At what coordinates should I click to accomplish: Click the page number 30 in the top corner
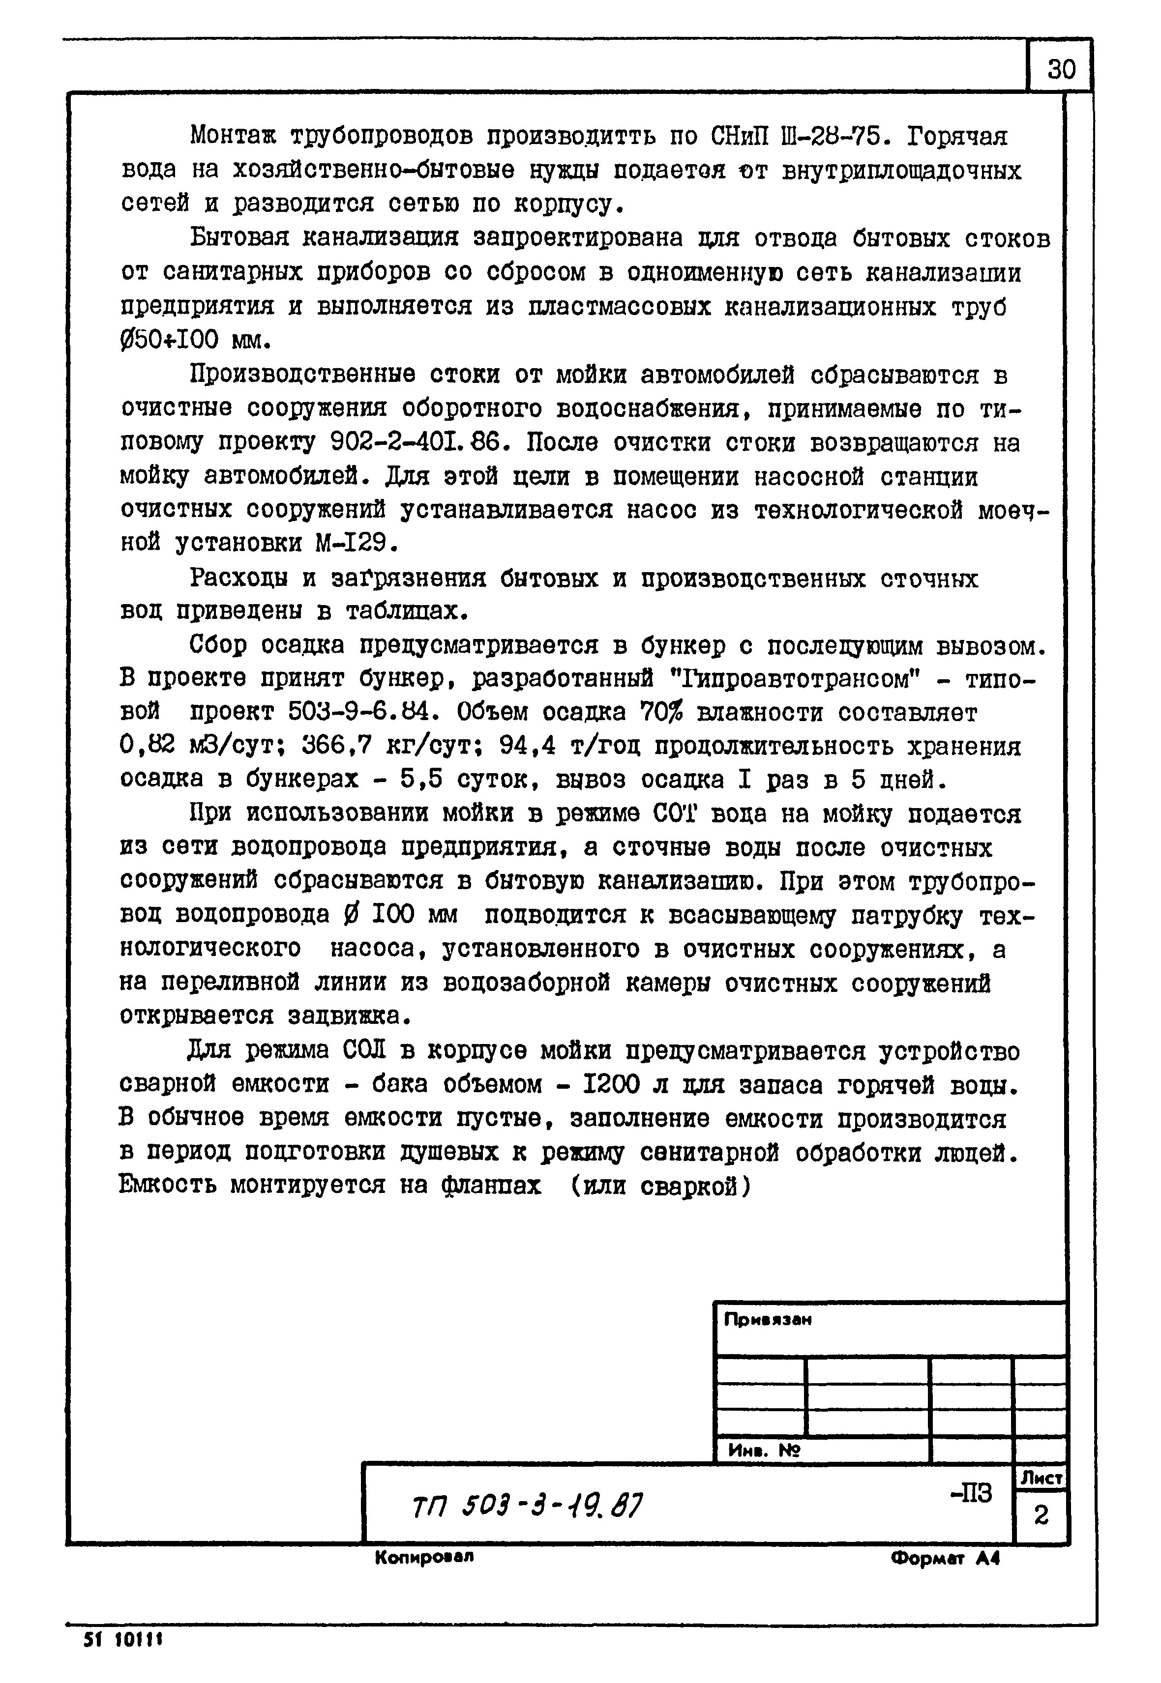1061,70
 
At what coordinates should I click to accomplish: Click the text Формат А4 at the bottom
945,1559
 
